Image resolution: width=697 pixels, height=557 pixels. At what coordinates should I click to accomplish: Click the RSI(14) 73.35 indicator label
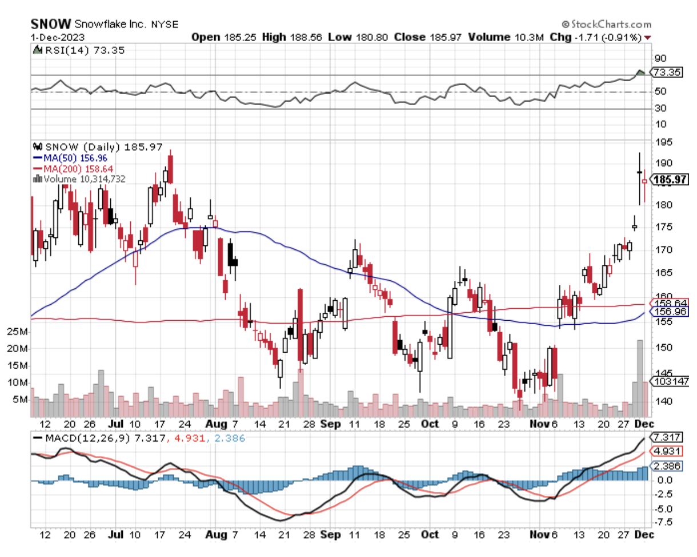81,50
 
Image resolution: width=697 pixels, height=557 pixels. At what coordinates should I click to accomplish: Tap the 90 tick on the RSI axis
661,58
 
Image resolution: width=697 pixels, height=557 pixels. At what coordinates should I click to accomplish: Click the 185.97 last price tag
671,180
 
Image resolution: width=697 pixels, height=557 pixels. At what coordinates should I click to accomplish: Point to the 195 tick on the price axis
663,142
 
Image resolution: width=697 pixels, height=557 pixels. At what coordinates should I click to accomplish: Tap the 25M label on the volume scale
18,332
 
